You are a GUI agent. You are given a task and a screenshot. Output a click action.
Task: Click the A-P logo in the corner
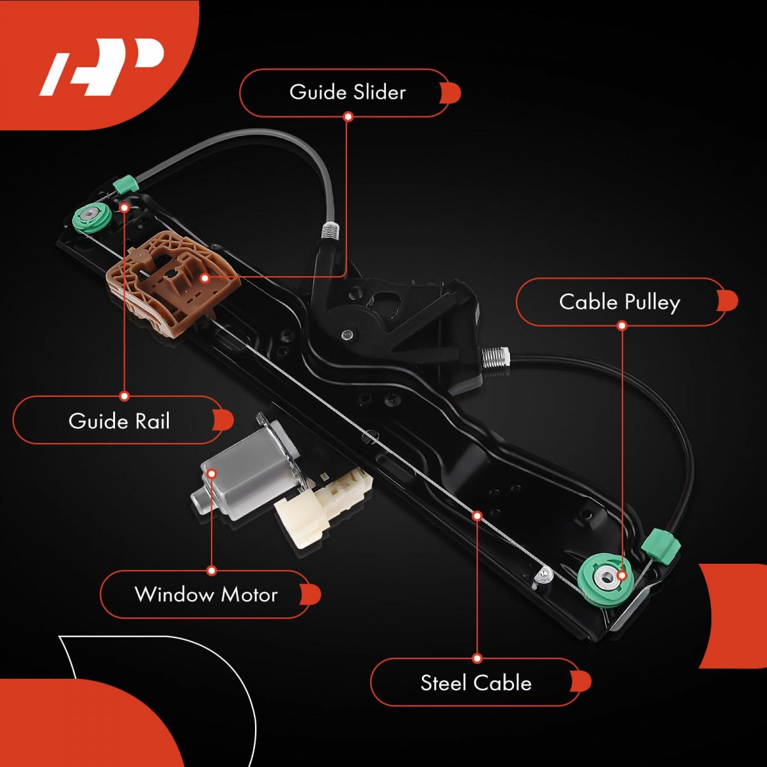[x=102, y=67]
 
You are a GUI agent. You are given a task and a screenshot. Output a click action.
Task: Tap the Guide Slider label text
[x=347, y=92]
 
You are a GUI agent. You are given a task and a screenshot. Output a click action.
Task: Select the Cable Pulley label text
[x=619, y=302]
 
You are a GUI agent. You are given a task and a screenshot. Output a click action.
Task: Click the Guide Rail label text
[x=120, y=421]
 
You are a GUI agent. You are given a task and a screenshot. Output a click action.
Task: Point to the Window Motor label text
[x=206, y=594]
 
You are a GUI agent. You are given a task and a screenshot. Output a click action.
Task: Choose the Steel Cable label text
[x=476, y=683]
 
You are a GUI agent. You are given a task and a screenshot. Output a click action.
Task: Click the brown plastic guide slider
[x=169, y=281]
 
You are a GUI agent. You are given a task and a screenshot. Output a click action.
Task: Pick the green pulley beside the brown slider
[x=93, y=217]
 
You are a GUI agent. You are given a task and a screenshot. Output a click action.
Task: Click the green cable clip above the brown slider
[x=125, y=185]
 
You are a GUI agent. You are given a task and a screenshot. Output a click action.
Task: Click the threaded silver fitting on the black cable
[x=495, y=356]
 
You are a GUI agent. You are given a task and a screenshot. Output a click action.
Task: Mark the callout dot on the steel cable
[x=477, y=515]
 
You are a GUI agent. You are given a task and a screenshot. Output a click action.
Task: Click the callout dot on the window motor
[x=212, y=474]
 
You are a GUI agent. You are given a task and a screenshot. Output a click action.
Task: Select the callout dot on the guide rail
[x=125, y=208]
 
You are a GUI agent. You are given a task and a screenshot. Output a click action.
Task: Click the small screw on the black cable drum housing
[x=346, y=334]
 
